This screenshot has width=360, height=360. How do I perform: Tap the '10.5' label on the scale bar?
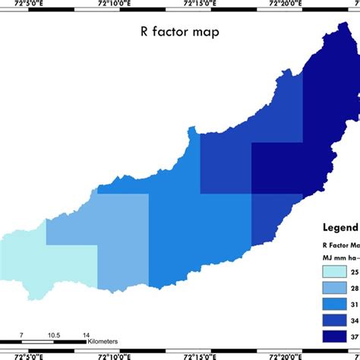tap(53, 335)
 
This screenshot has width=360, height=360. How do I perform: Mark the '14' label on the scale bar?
tap(86, 335)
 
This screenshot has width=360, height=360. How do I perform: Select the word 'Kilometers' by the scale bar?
tap(102, 343)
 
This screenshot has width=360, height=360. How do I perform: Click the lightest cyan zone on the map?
tap(61, 270)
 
